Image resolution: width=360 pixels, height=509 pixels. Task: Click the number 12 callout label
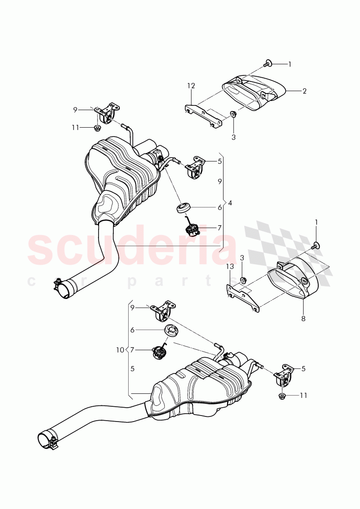191,86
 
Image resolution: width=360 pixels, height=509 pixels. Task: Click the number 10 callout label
119,350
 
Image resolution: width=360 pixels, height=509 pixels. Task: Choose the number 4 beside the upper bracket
230,203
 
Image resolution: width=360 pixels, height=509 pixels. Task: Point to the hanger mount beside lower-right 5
283,374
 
